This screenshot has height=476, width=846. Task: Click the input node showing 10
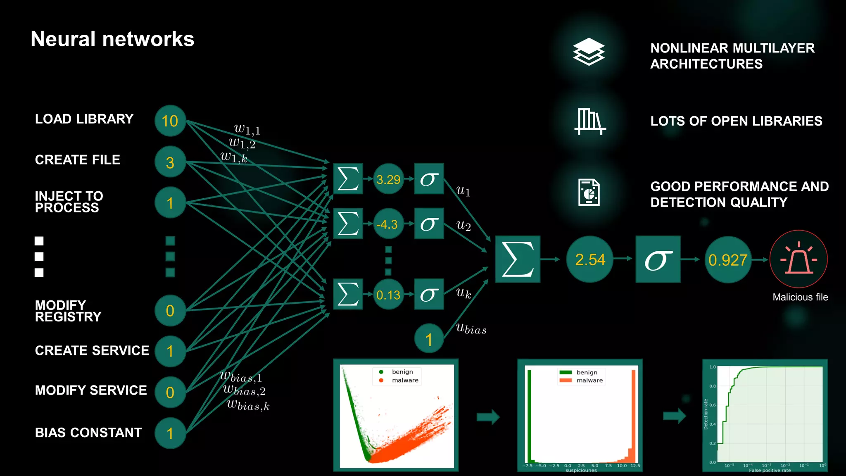point(170,121)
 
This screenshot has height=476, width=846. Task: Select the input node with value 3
point(170,162)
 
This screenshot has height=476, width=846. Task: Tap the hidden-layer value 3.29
point(388,179)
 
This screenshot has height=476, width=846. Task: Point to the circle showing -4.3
point(388,224)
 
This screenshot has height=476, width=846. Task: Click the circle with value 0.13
point(388,295)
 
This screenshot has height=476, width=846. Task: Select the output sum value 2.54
point(590,259)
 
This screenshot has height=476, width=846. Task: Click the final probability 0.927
point(728,259)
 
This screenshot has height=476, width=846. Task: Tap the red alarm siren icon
point(798,259)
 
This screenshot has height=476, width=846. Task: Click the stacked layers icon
point(589,52)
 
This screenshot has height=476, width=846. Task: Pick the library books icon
point(590,121)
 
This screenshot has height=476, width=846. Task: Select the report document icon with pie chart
point(589,193)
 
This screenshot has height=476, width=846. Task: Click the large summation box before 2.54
point(518,259)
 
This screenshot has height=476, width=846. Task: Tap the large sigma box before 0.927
point(658,259)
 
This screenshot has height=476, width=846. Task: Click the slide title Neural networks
point(112,39)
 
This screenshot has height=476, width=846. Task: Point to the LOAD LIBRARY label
point(84,119)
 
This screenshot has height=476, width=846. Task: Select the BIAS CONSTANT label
point(88,433)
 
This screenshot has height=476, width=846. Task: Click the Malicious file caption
point(800,297)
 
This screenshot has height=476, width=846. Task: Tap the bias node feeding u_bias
point(429,339)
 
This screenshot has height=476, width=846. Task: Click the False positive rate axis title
point(770,470)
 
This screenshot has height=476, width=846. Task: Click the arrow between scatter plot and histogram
point(488,417)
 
